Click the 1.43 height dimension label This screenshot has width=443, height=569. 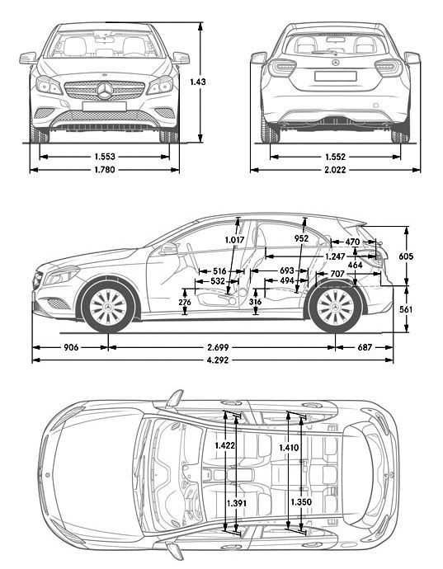(x=196, y=82)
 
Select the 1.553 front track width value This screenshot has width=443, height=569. (x=105, y=155)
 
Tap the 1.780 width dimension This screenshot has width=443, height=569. (x=105, y=170)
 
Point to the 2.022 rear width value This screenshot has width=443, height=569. (x=335, y=170)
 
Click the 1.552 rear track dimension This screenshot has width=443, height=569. (x=335, y=155)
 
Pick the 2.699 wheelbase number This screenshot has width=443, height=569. (x=220, y=347)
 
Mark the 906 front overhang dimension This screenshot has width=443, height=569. (x=71, y=347)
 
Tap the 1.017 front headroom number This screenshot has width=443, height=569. (x=235, y=240)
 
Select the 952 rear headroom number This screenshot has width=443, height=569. (x=302, y=239)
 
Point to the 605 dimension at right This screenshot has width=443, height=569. (x=405, y=256)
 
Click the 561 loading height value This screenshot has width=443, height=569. (x=405, y=309)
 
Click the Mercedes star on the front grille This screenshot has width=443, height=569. (x=105, y=91)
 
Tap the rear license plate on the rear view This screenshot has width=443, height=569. (x=334, y=77)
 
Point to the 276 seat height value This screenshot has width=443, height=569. (x=186, y=303)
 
